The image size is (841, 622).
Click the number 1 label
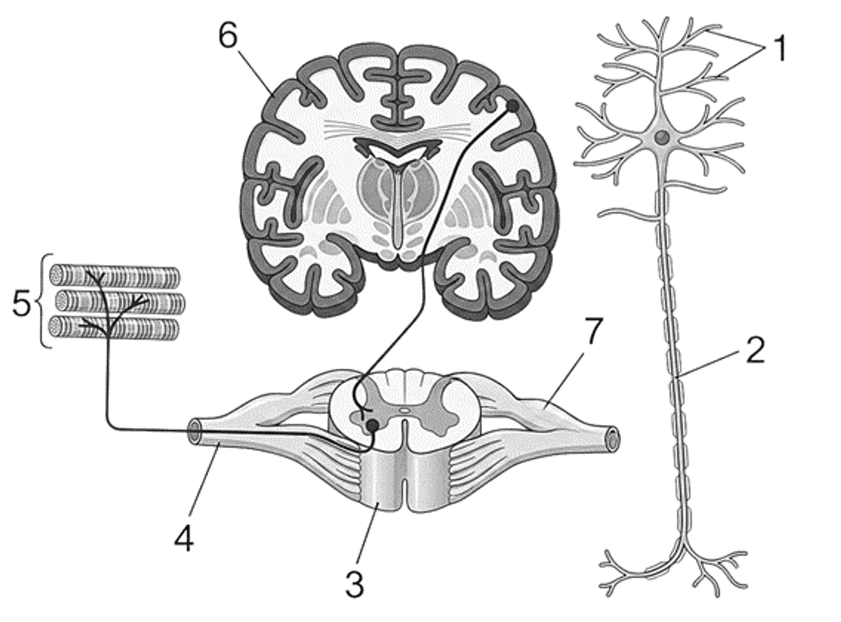[x=780, y=48]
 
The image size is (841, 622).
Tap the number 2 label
[x=756, y=350]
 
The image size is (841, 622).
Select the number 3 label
[x=355, y=584]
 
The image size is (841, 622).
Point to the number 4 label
[x=184, y=537]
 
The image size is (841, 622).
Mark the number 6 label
[x=228, y=36]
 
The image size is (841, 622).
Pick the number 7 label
[x=593, y=331]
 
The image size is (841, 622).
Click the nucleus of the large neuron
[x=663, y=137]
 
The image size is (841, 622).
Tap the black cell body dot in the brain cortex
[x=512, y=106]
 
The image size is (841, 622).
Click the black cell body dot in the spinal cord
[x=372, y=426]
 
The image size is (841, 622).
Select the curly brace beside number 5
[x=46, y=301]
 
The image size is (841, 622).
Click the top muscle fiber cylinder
[x=115, y=276]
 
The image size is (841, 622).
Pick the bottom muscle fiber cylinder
[x=113, y=328]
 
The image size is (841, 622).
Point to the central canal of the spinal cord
[x=405, y=410]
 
